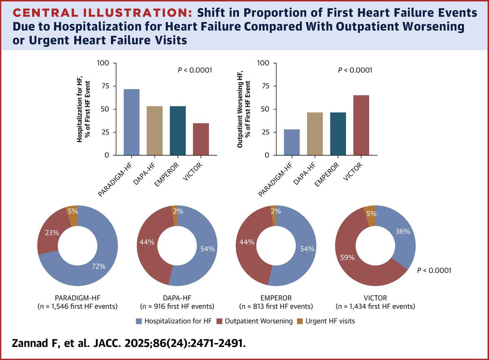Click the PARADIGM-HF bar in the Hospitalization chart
132,122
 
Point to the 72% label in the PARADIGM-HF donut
99,267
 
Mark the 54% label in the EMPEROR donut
308,249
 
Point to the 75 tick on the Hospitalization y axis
106,86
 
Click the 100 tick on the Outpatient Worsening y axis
264,64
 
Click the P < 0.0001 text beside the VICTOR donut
434,270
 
